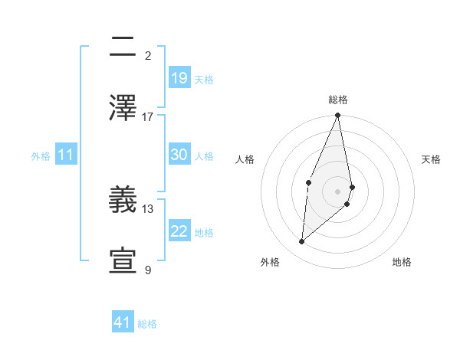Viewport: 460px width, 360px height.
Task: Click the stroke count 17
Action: tap(148, 116)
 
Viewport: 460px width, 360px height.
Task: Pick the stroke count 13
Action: tap(148, 208)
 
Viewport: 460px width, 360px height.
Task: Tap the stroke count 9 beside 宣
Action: tap(148, 270)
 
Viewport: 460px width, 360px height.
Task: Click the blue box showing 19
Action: tap(179, 77)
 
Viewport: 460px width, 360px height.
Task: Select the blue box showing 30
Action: tap(179, 155)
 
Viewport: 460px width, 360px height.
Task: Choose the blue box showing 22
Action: tap(179, 231)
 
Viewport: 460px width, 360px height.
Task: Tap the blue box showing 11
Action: tap(66, 155)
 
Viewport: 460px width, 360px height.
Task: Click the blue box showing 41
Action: tap(123, 322)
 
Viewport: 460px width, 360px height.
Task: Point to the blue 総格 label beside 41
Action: tap(147, 324)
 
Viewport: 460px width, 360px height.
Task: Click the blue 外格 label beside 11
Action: tap(41, 156)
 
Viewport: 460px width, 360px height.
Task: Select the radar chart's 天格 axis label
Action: tap(431, 159)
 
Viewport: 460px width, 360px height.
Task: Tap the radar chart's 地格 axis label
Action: tap(402, 262)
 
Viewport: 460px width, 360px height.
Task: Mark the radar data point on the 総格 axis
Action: tap(337, 116)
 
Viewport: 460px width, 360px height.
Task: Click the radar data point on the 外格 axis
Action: tap(301, 241)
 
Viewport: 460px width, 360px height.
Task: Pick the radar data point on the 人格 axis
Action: tap(308, 182)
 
